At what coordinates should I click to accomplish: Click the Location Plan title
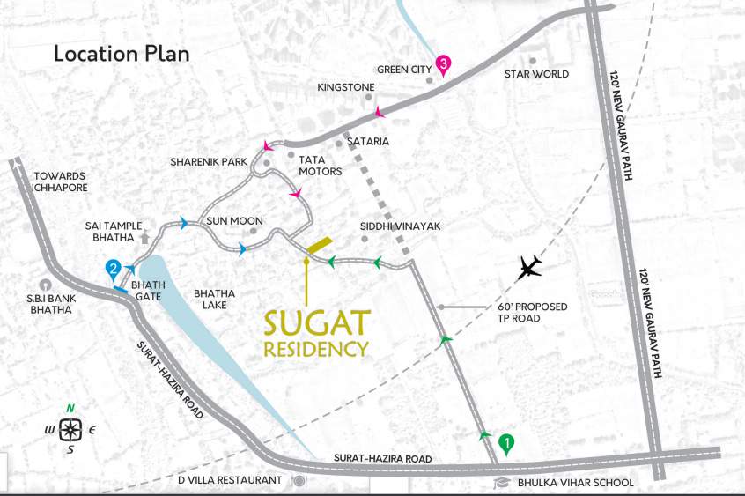(122, 54)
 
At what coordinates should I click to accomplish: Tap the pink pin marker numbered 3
(444, 64)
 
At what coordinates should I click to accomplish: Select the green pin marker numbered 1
(506, 443)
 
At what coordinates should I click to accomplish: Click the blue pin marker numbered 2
(113, 268)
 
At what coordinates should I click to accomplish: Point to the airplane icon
(529, 266)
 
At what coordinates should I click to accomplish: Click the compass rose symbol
(71, 430)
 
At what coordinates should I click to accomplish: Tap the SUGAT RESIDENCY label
(316, 333)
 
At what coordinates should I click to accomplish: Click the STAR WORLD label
(536, 75)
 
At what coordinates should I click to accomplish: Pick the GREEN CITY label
(403, 70)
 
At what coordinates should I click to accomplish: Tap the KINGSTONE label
(346, 87)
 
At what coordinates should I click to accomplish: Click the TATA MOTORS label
(320, 165)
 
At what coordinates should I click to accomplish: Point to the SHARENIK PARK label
(209, 162)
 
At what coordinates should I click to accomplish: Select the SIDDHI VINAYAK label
(400, 226)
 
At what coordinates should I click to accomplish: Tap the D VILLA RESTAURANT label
(230, 481)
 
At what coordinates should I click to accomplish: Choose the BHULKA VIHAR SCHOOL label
(576, 483)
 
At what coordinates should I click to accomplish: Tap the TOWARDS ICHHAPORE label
(60, 181)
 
